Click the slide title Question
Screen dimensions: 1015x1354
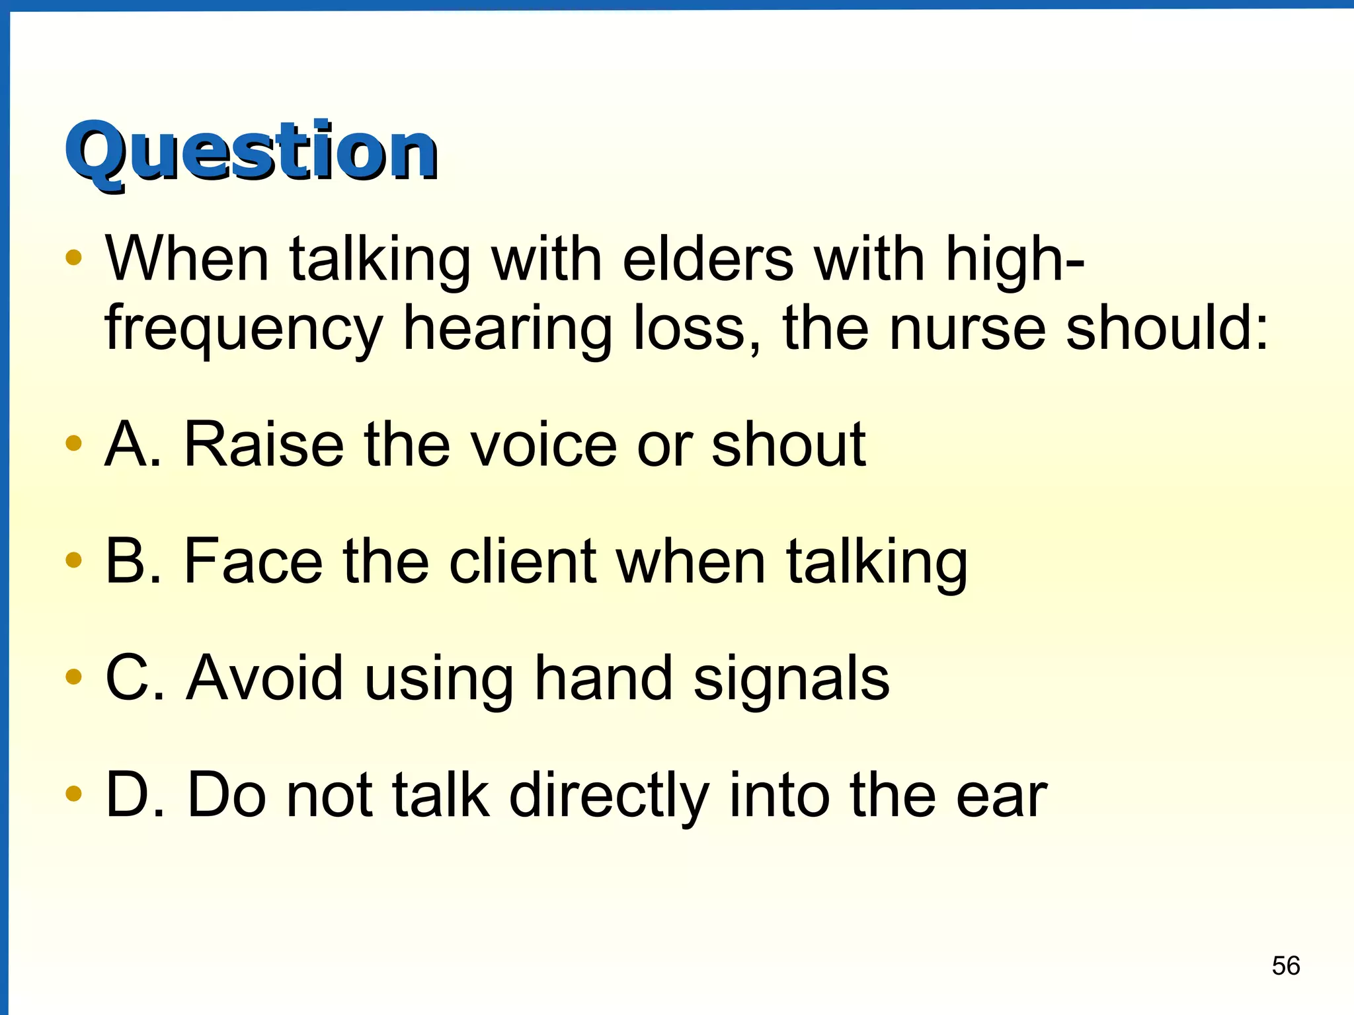[x=251, y=152]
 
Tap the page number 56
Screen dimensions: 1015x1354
[x=1286, y=965]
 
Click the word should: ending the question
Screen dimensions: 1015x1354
[x=1167, y=328]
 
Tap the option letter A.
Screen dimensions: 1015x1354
[x=126, y=445]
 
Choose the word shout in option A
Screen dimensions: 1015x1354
[x=788, y=445]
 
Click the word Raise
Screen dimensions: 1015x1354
[x=264, y=445]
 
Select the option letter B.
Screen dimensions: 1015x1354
[x=126, y=561]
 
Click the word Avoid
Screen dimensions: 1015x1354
[x=264, y=678]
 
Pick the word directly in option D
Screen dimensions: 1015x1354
[x=608, y=796]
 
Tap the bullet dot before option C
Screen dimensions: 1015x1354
[x=73, y=676]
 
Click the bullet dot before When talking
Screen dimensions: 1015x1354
[x=73, y=257]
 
